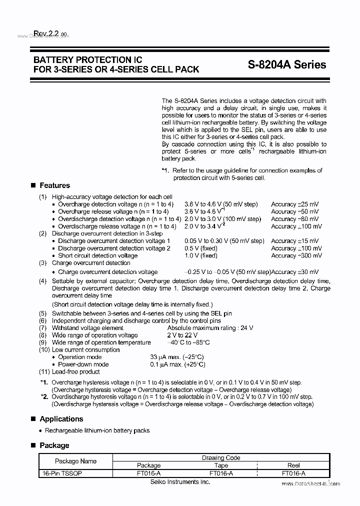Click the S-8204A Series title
[286, 64]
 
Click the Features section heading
[54, 185]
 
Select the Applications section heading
[61, 419]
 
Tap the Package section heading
[54, 445]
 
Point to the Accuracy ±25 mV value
[295, 204]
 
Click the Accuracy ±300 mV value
[296, 255]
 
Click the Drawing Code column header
[221, 457]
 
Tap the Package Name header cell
[75, 461]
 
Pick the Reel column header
[293, 465]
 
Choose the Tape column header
[221, 465]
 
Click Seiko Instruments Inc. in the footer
[180, 481]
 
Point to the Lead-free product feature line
[75, 372]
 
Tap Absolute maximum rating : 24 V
[210, 328]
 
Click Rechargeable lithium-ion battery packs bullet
[97, 430]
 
